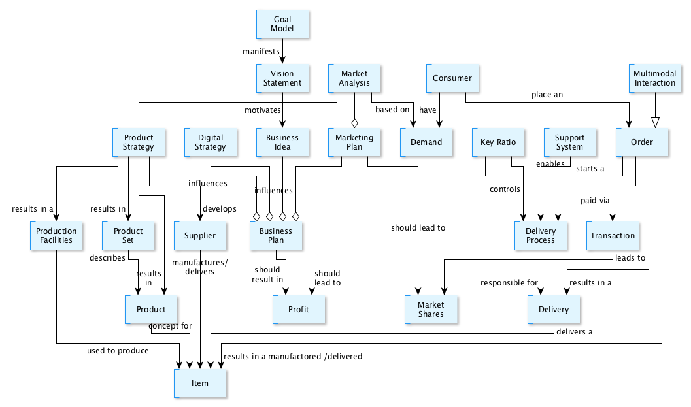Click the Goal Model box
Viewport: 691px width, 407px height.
pos(282,24)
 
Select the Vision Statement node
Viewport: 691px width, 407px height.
pos(282,78)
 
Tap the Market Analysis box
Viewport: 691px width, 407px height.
pos(354,78)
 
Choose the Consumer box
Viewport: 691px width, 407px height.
pos(452,78)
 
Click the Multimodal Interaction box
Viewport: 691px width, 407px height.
pos(654,78)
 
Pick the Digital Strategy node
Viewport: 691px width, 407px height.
pos(210,142)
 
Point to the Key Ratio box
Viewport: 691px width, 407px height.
pos(498,142)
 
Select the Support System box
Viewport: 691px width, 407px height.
pos(569,142)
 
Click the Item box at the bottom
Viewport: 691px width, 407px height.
pos(200,383)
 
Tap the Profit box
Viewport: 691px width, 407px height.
pos(299,309)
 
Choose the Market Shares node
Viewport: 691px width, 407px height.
pos(431,309)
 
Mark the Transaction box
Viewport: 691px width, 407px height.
pos(613,236)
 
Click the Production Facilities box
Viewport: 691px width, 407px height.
pos(56,236)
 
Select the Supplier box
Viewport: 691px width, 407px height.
pos(200,236)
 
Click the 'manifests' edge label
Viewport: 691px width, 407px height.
pos(261,50)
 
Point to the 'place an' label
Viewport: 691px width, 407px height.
pos(547,95)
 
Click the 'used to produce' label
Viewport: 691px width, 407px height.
pos(118,351)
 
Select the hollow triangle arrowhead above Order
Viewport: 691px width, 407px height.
pos(655,122)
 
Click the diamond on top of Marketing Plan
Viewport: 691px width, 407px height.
pos(354,122)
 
